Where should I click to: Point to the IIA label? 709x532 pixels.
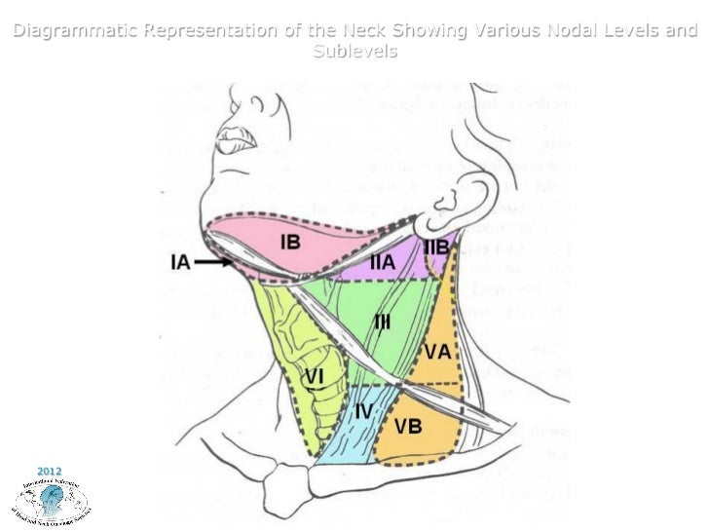(x=382, y=261)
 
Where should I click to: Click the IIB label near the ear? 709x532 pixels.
(x=436, y=247)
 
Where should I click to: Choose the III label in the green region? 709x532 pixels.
(x=383, y=323)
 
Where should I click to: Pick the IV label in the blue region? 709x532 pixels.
(x=362, y=411)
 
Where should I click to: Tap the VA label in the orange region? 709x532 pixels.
(x=437, y=351)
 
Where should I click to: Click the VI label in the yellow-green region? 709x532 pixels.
(x=314, y=375)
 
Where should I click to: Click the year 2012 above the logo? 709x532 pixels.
(x=49, y=458)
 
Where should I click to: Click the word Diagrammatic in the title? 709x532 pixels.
(x=76, y=32)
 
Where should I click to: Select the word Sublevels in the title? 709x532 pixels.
(x=354, y=51)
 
